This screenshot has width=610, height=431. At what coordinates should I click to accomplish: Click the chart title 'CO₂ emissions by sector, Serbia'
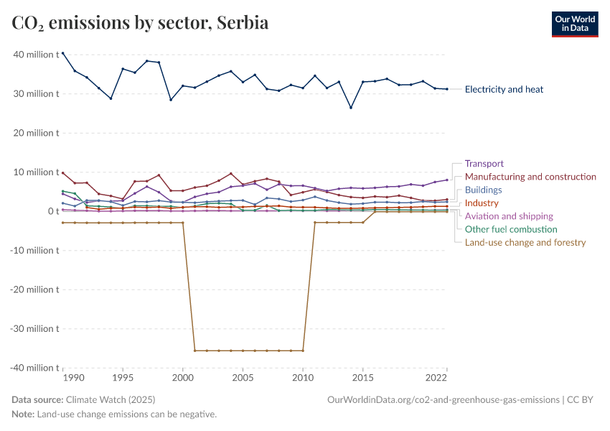(x=140, y=23)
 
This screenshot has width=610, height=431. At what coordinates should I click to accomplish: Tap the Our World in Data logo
(x=574, y=24)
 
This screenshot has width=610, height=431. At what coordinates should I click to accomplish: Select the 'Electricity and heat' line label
(x=504, y=90)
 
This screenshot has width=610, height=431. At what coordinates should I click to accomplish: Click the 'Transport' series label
(x=484, y=164)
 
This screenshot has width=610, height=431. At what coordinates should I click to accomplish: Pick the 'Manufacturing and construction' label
(x=530, y=177)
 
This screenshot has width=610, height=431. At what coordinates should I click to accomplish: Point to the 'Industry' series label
(x=482, y=203)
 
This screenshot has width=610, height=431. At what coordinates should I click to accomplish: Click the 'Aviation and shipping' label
(x=509, y=216)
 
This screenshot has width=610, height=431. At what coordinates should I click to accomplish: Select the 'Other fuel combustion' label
(x=511, y=230)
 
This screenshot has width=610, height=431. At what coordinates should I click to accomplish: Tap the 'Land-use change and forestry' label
(x=525, y=243)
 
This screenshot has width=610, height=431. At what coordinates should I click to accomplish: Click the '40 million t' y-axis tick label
(x=34, y=55)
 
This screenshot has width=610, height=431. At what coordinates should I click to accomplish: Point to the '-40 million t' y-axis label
(x=33, y=368)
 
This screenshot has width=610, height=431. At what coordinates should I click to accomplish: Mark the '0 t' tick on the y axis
(x=50, y=211)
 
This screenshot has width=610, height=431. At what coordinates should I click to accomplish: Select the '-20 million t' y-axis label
(x=33, y=289)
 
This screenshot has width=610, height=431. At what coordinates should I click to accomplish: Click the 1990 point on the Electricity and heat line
(x=63, y=53)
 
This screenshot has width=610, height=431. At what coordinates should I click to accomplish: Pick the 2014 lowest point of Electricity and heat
(x=351, y=108)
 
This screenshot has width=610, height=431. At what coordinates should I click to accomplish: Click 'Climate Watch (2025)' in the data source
(x=110, y=399)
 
